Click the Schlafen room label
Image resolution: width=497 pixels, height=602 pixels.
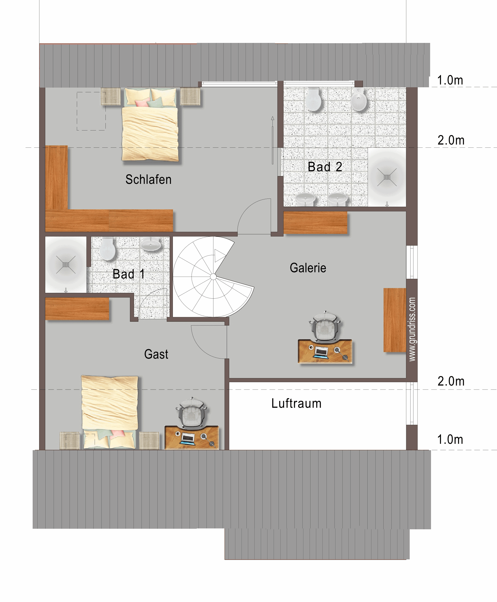pyautogui.click(x=148, y=180)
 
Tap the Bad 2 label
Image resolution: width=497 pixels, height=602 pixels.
pyautogui.click(x=325, y=167)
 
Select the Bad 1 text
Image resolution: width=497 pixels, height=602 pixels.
pyautogui.click(x=128, y=274)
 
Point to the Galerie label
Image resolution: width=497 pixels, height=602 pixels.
pyautogui.click(x=308, y=268)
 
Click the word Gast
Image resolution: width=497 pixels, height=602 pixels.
pyautogui.click(x=156, y=354)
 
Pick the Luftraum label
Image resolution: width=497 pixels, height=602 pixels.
pyautogui.click(x=296, y=403)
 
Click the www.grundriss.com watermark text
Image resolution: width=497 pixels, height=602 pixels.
pyautogui.click(x=412, y=329)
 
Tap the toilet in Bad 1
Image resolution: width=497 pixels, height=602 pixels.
pyautogui.click(x=107, y=248)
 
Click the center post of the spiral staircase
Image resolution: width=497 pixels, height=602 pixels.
pyautogui.click(x=213, y=276)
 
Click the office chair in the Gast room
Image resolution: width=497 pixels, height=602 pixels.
pyautogui.click(x=192, y=413)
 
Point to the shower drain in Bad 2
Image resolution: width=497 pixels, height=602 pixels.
pyautogui.click(x=387, y=177)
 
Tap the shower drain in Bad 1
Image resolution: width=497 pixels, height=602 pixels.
pyautogui.click(x=66, y=265)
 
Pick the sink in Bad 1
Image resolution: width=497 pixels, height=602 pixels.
pyautogui.click(x=151, y=244)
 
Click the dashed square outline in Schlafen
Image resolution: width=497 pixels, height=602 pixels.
pyautogui.click(x=91, y=111)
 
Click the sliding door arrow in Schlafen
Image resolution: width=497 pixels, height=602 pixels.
pyautogui.click(x=272, y=140)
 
